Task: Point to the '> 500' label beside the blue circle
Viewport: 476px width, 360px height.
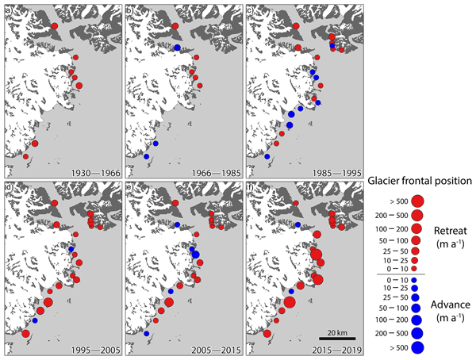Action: pyautogui.click(x=389, y=347)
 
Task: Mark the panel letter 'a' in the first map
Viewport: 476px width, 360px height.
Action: pyautogui.click(x=9, y=9)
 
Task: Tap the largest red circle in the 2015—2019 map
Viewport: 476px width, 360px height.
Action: pyautogui.click(x=289, y=301)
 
